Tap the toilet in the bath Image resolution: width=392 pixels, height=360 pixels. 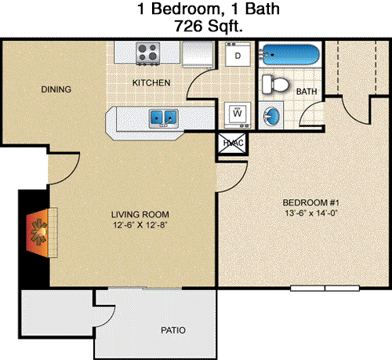coord(275,85)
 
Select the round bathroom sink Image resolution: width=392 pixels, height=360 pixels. coord(271,115)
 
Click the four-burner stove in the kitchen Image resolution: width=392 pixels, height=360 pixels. coord(148,53)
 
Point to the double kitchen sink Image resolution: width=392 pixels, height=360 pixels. coord(164,118)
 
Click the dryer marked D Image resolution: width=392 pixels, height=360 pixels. coord(238,54)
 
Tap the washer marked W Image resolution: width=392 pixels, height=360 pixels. coord(238,115)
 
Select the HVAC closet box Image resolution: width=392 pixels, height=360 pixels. coord(232,143)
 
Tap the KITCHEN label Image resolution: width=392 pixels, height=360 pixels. coord(151,83)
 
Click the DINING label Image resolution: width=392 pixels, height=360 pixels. coord(56,89)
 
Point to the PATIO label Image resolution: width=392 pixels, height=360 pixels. coord(173,330)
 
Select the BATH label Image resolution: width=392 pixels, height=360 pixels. coord(307,92)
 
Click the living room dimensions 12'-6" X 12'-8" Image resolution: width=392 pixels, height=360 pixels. coord(140,225)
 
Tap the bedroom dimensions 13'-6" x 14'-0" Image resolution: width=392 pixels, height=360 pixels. coord(311,213)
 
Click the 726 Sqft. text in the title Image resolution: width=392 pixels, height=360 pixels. coord(209,26)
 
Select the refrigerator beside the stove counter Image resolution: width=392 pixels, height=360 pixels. coord(198,54)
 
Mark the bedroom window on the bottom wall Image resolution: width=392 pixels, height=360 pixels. coord(325,289)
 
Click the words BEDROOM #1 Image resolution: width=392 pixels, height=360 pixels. coord(311,202)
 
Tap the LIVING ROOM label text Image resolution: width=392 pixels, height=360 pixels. coord(140,215)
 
